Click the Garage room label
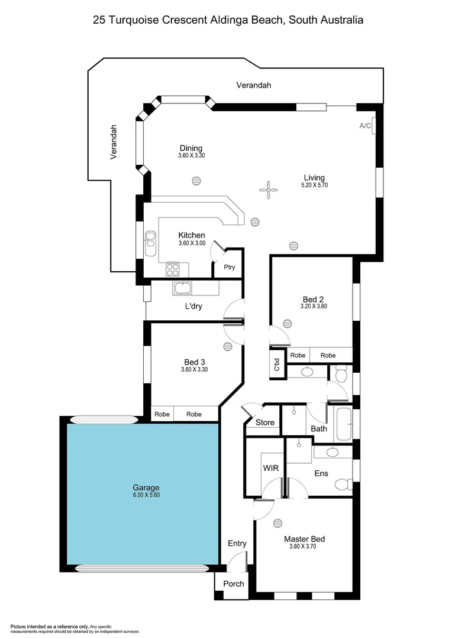point(146,487)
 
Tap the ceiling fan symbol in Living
point(268,189)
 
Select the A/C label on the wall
point(365,126)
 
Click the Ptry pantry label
point(230,267)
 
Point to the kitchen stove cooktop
point(173,269)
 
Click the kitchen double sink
point(150,239)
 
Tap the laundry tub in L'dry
point(182,288)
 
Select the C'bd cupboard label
point(276,364)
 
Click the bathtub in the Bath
point(343,423)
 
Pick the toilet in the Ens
point(342,485)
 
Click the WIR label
point(270,468)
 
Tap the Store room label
point(265,422)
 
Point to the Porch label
point(233,584)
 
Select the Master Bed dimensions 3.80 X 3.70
point(304,546)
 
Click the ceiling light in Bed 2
point(288,323)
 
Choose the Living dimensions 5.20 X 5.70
point(314,185)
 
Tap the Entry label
point(237,543)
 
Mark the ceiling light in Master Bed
point(278,522)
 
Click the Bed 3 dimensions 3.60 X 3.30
point(194,369)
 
